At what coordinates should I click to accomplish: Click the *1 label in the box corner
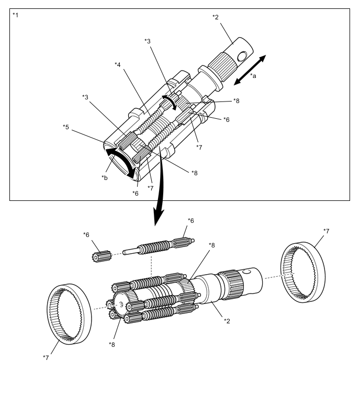(x=15, y=15)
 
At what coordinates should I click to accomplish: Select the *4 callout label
(x=118, y=65)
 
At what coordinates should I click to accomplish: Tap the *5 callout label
(x=65, y=127)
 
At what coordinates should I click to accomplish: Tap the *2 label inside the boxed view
(x=215, y=18)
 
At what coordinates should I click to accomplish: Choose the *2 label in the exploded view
(x=227, y=321)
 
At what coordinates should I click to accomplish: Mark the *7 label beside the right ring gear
(x=327, y=231)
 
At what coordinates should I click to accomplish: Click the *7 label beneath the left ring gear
(x=46, y=357)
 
